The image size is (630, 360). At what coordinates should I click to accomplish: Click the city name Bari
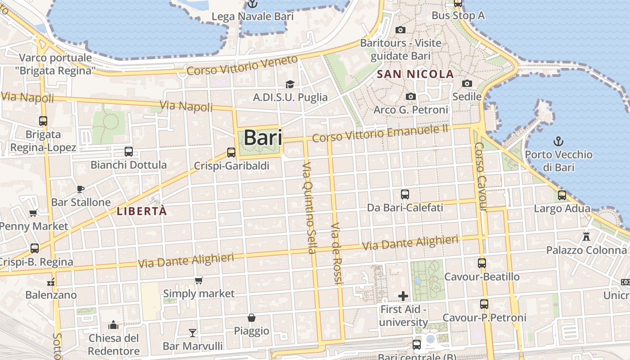pos(263,138)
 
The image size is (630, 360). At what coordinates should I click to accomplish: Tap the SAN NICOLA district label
pos(415,74)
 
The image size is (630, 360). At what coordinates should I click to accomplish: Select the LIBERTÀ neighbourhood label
pos(142,211)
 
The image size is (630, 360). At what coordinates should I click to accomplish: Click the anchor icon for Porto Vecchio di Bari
pos(558,141)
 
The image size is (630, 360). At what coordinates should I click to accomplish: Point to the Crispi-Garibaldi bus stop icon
pos(231,153)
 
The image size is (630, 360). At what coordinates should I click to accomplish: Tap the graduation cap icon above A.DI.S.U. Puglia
pos(290,84)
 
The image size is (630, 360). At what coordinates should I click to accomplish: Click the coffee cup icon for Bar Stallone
pos(81,189)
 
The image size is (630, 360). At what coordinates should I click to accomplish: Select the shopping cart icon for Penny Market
pos(33,213)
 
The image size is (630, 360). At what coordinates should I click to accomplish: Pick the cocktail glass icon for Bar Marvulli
pos(193,333)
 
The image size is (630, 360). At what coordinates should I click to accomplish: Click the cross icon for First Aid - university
pos(403,296)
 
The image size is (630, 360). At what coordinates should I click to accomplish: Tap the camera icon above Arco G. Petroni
pos(410,96)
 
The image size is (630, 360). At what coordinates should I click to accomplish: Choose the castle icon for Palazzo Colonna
pos(586,236)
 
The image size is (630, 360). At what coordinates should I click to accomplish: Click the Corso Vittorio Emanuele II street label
pos(380,133)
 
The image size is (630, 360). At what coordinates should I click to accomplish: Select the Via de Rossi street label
pos(337,253)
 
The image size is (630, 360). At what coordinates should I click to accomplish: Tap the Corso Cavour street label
pos(481,177)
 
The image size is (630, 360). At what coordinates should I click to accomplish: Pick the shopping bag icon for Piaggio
pos(252,318)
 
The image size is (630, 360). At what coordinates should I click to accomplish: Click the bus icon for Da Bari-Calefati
pos(405,194)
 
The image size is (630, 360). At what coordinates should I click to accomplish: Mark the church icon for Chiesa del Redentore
pos(113,324)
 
